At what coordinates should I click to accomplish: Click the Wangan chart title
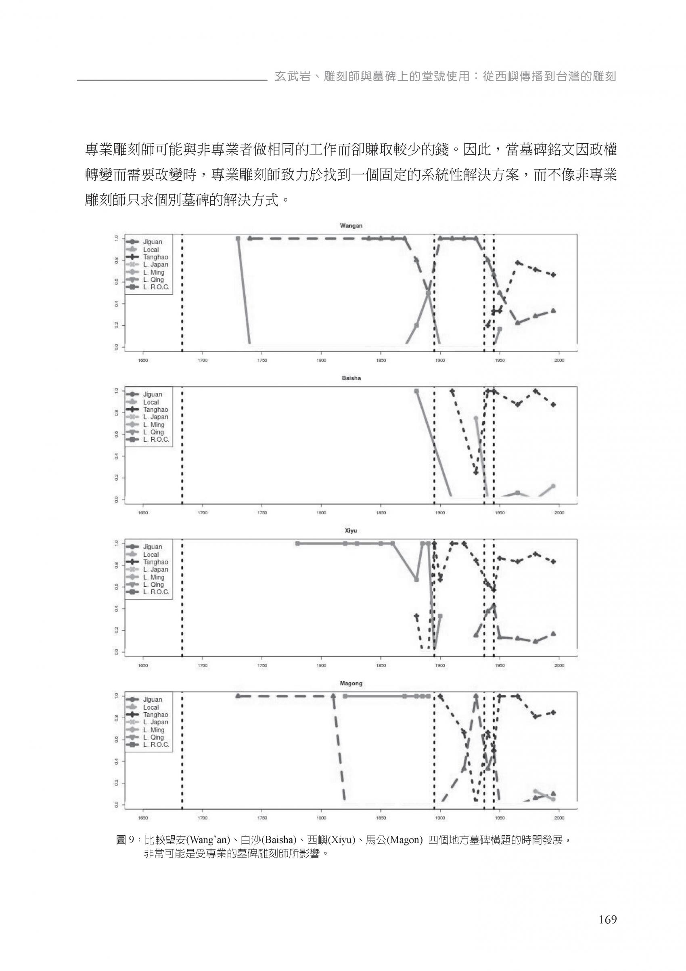click(x=351, y=226)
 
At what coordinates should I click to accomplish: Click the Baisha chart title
click(x=351, y=378)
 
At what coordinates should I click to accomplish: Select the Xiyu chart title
click(x=351, y=531)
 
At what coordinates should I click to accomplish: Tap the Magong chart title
click(x=351, y=683)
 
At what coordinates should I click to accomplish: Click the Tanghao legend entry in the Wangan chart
click(x=155, y=257)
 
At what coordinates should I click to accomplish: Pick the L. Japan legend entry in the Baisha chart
click(x=155, y=417)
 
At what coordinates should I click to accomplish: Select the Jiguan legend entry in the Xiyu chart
click(x=152, y=547)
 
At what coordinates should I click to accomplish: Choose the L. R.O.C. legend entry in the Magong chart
click(x=156, y=745)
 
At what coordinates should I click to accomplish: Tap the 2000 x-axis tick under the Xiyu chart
click(x=559, y=665)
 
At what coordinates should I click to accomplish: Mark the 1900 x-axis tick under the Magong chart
click(x=440, y=818)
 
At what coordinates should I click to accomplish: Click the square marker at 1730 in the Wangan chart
click(x=238, y=239)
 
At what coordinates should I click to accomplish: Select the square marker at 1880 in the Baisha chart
click(x=416, y=391)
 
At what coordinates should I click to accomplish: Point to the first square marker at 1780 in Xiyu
click(x=297, y=543)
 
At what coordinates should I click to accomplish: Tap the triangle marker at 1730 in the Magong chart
click(x=238, y=696)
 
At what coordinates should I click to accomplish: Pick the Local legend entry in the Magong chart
click(x=151, y=707)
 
